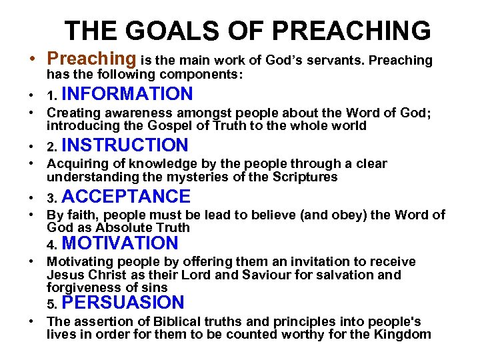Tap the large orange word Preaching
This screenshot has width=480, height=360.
coord(91,59)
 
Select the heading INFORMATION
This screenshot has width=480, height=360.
coord(131,94)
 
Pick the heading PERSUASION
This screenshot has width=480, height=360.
coord(126,303)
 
